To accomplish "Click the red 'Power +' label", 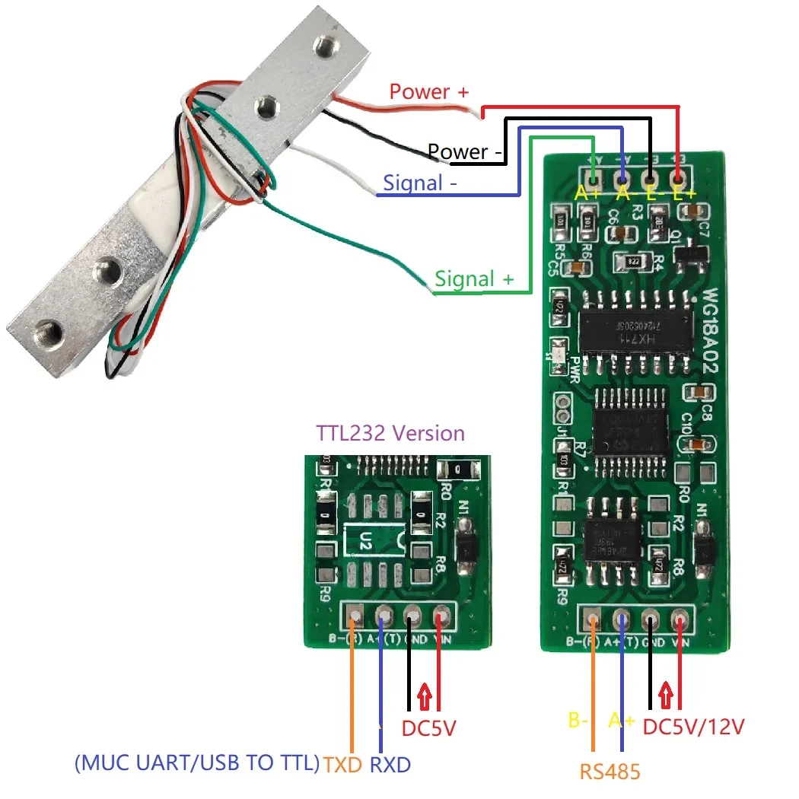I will [x=429, y=92].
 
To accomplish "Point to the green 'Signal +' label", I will [x=474, y=279].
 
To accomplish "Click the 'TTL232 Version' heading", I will [x=390, y=434].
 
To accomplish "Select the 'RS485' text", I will [x=610, y=772].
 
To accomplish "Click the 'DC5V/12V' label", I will [x=693, y=727].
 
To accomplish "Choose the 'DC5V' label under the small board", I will [x=428, y=728].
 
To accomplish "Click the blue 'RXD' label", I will [x=390, y=764].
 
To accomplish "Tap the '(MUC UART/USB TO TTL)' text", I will [x=197, y=763].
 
